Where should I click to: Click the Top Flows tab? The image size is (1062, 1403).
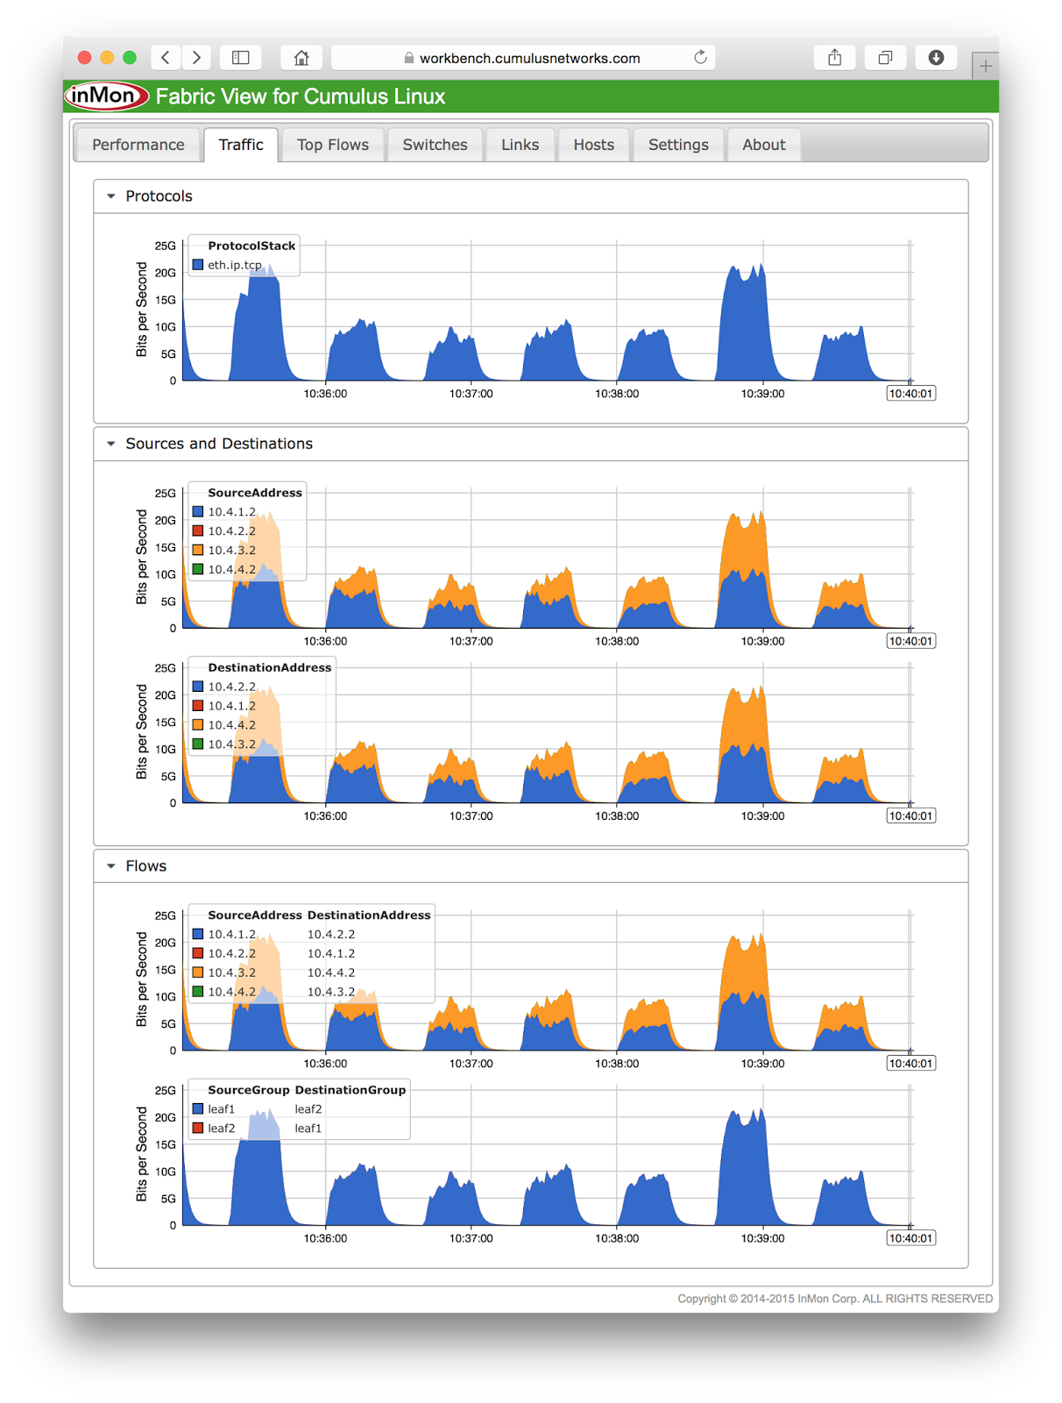coord(332,145)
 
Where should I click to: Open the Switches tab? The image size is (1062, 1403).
coord(435,145)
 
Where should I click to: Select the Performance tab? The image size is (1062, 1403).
coord(138,145)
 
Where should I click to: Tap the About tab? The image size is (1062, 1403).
coord(763,145)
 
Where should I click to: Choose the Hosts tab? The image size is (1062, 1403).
coord(593,145)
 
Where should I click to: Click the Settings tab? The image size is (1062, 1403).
coord(678,145)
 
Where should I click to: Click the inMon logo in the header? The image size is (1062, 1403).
coord(106,96)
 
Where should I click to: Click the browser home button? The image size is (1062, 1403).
coord(301,58)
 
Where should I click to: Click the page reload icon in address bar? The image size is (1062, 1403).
coord(700,58)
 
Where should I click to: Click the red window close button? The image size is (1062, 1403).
coord(85,58)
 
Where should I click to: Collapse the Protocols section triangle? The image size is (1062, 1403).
coord(111,196)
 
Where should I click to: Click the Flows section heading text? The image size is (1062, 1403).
coord(145,866)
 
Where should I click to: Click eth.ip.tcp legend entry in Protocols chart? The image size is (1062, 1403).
coord(234,265)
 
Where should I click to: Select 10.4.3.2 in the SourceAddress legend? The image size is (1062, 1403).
coord(231,551)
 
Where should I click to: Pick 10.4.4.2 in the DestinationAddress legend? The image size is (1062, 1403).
coord(231,725)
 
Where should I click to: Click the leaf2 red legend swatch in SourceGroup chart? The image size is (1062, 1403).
coord(198,1129)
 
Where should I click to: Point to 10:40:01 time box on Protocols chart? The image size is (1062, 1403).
coord(910,394)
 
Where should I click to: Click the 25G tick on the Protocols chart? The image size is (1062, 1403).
coord(165,246)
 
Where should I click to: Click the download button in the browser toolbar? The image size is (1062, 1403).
coord(936,58)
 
